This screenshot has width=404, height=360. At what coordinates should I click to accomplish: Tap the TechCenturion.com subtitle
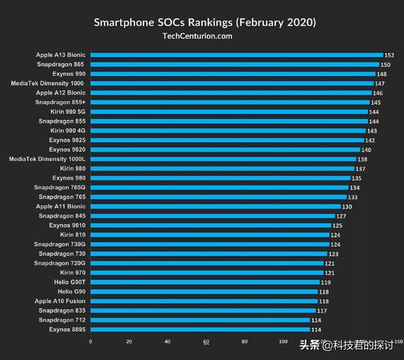point(198,36)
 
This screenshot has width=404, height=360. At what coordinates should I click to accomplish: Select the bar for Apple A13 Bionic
point(237,55)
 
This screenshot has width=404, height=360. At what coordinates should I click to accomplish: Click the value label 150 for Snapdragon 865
point(385,64)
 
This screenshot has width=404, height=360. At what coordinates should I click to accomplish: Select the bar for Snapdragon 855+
point(230,102)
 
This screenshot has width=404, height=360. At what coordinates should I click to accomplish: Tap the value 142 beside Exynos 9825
point(370,140)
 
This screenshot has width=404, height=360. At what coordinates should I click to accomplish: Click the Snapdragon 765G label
point(59,187)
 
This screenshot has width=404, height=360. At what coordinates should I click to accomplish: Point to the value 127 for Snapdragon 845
point(341,216)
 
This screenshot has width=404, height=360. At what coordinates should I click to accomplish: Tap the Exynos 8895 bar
point(200,329)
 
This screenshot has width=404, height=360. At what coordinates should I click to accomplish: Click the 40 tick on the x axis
point(167,342)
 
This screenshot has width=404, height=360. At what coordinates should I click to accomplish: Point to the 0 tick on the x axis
point(90,342)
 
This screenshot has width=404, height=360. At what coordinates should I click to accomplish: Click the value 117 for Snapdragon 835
point(322,310)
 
